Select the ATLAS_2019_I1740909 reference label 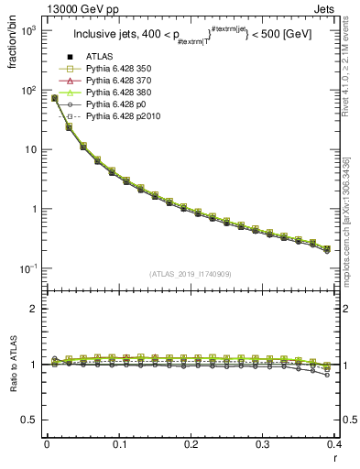[x=190, y=274]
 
